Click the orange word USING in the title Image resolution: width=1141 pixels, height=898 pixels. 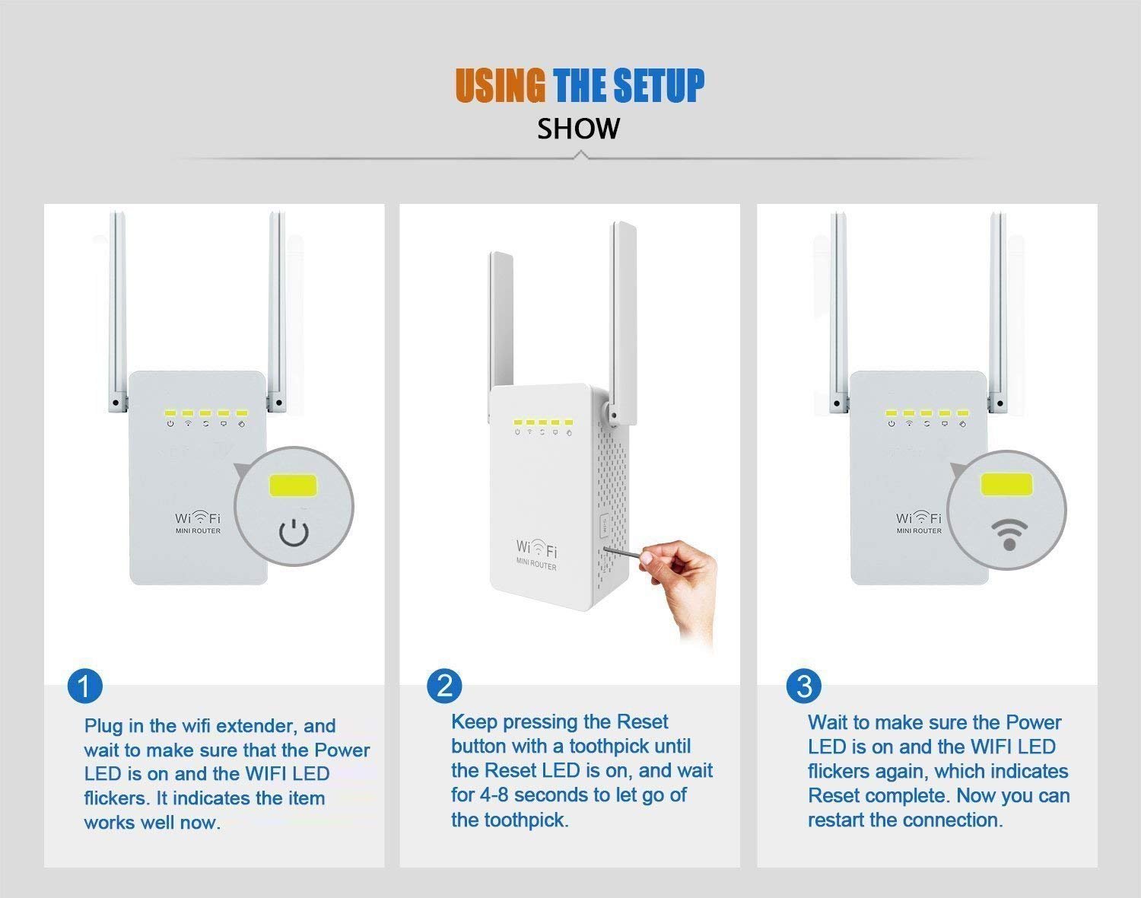(500, 85)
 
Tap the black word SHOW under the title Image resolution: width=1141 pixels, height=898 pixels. (578, 129)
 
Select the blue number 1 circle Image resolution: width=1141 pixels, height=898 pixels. (85, 686)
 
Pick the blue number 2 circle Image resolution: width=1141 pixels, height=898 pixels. (444, 686)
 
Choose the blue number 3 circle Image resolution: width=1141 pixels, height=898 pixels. (804, 686)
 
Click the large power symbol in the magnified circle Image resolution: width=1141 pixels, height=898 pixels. (294, 533)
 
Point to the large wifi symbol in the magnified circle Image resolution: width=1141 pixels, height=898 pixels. (1009, 535)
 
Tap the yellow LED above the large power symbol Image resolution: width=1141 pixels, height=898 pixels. (293, 486)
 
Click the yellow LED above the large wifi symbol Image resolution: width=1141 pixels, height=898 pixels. (1006, 484)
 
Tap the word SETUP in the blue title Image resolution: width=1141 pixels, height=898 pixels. (659, 85)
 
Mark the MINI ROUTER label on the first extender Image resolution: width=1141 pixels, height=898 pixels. (198, 531)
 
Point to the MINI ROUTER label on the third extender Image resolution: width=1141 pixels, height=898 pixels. (919, 531)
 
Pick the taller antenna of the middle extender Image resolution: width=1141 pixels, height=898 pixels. (624, 323)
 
